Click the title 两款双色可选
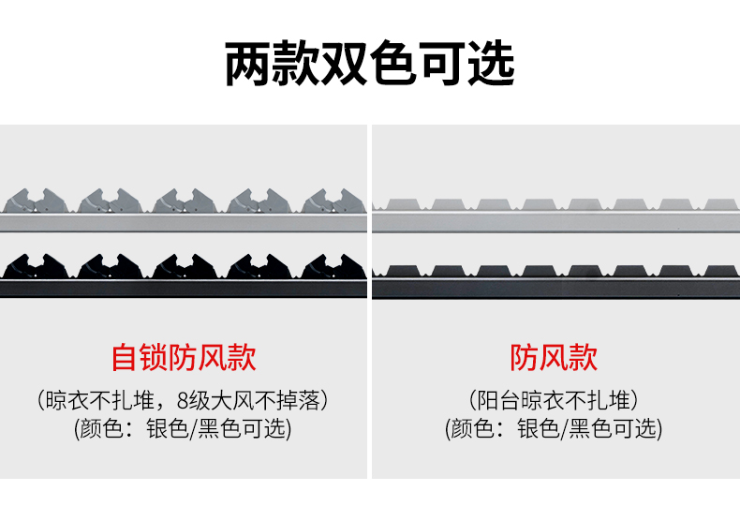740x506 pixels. [370, 65]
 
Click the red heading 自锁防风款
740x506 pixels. [184, 357]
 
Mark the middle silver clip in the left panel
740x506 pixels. [184, 201]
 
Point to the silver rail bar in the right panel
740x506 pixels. [555, 221]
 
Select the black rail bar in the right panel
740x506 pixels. [555, 286]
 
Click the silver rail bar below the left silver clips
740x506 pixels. [184, 221]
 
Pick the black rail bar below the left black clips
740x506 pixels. [184, 287]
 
